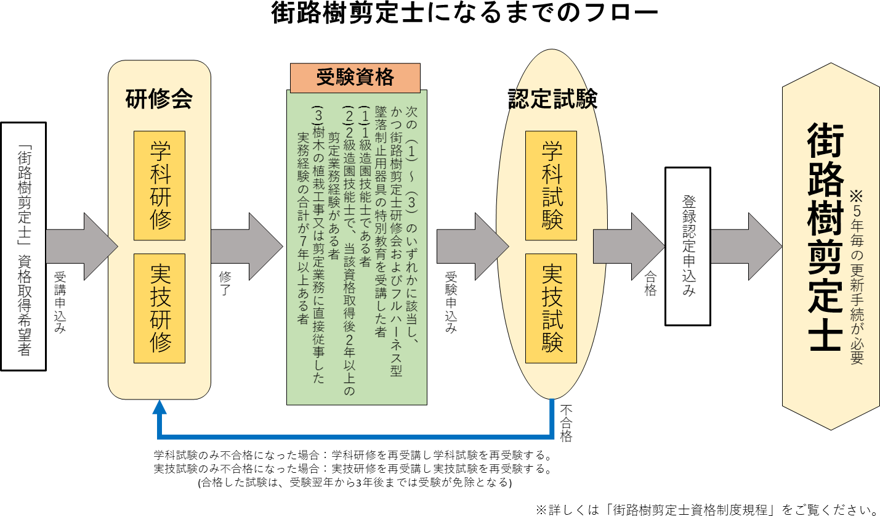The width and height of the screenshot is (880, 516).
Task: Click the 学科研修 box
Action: pos(159,186)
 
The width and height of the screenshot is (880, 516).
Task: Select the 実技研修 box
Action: pos(159,308)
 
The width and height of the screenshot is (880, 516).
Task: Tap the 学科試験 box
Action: pos(551,186)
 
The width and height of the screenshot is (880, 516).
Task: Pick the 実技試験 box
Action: pos(551,308)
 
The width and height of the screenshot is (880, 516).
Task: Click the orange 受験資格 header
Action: pos(355,78)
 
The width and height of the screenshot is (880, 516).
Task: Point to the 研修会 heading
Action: pos(159,99)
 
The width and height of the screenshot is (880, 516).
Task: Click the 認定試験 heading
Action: pos(552,99)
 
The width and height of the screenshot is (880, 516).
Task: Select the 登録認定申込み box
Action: pos(688,246)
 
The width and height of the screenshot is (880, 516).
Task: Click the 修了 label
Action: pos(225,284)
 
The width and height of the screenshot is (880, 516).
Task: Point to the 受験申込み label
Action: pos(451,302)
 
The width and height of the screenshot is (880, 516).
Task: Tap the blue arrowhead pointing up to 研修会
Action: pos(159,407)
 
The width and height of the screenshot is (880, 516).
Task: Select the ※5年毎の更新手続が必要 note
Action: pos(857,277)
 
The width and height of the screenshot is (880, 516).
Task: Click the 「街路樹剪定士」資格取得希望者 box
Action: pos(24,246)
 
